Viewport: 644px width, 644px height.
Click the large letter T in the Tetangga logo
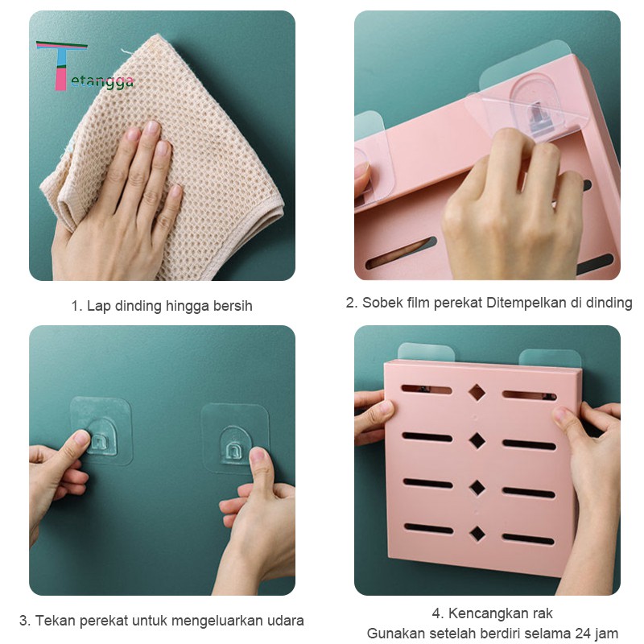tap(61, 65)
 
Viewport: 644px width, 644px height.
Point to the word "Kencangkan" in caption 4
tap(484, 613)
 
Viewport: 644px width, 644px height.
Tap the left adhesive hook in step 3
tap(101, 431)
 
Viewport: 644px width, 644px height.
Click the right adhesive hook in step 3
tap(235, 438)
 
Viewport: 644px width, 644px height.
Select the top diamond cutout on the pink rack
tap(477, 392)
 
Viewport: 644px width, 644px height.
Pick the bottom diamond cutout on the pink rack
tap(477, 534)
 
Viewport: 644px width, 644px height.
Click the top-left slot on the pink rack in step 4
tap(427, 390)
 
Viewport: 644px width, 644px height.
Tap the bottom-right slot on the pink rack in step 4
tap(528, 539)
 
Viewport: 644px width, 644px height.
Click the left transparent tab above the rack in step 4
tap(426, 353)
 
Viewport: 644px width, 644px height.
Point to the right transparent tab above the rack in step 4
tap(550, 358)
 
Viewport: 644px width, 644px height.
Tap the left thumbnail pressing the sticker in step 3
tap(81, 439)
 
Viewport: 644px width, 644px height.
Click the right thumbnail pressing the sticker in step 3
tap(258, 456)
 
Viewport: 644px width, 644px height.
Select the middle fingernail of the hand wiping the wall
tap(151, 127)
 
